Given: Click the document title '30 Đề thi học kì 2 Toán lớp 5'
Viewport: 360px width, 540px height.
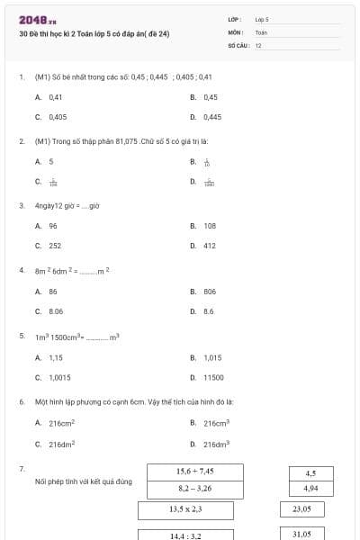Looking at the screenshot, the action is coord(94,34).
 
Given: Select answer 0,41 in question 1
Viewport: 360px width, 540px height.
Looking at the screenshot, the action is coord(55,97).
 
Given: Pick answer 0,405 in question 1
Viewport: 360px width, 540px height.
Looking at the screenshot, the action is coord(58,117).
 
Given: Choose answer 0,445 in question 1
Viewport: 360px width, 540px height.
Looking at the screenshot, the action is coord(212,117).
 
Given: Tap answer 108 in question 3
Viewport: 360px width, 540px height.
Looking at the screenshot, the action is coord(210,226).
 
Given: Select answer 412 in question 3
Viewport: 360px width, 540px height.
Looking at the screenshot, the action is coord(210,246).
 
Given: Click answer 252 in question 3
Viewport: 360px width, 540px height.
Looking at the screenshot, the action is coord(55,246).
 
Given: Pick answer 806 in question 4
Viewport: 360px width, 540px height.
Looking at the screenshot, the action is coord(210,292).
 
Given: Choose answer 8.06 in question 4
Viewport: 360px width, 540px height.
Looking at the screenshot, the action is coord(56,311).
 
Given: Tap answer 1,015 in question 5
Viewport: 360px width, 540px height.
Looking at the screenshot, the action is coord(212,357).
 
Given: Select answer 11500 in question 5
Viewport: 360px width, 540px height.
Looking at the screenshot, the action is coord(213,378).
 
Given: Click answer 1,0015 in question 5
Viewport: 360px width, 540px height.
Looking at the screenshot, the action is coord(59,378).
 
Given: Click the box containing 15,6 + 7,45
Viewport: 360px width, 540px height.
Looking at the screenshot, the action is coord(194,472).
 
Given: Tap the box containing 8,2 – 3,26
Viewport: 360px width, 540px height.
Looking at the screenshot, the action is coord(194,489).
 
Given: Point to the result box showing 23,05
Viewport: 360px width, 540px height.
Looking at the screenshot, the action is coord(301,509).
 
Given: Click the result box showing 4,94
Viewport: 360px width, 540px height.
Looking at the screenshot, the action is coord(310,489).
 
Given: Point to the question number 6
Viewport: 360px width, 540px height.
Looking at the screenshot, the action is coord(21,401).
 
